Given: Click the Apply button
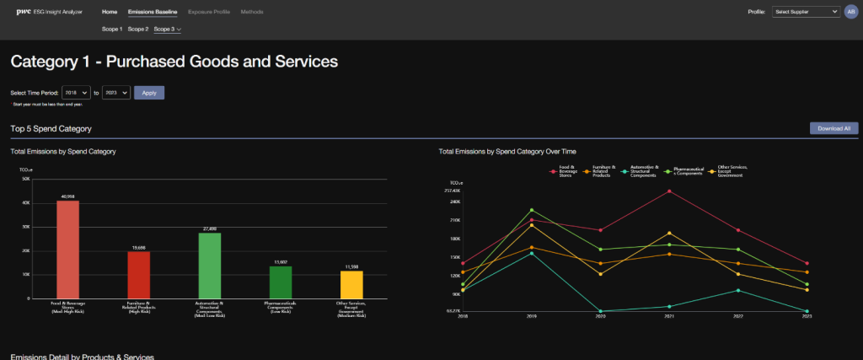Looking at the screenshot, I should point(148,93).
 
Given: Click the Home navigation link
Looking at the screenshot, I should point(110,13).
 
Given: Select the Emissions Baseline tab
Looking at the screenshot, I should point(153,13).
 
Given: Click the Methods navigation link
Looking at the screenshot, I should point(251,13).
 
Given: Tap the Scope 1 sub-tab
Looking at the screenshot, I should point(112,30).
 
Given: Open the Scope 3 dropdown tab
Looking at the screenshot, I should point(167,30).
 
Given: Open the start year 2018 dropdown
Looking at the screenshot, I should point(76,93).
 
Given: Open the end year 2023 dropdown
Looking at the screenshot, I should point(115,93).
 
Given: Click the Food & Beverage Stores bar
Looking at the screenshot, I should point(67,250).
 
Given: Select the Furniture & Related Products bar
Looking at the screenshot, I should point(138,275).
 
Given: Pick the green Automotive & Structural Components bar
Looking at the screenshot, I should point(209,266).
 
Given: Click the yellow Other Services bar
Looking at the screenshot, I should point(351,284).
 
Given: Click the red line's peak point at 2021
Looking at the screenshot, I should point(669,191).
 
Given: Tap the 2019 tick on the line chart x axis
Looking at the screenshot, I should point(531,317).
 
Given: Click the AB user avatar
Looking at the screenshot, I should point(850,13).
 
